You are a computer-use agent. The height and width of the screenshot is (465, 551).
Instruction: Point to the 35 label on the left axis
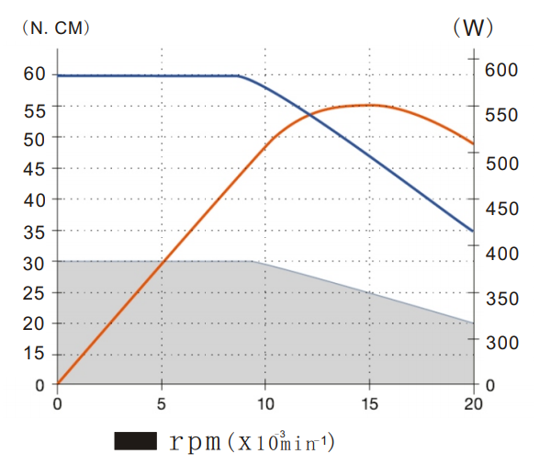34,232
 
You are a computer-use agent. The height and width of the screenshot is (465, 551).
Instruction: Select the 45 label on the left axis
34,169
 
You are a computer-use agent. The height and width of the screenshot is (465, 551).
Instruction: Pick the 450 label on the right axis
500,209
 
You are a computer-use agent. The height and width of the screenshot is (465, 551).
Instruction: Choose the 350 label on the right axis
500,298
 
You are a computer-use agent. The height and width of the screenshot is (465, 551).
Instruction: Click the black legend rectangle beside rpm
135,442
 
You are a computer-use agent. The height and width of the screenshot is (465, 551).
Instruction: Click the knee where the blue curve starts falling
239,76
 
